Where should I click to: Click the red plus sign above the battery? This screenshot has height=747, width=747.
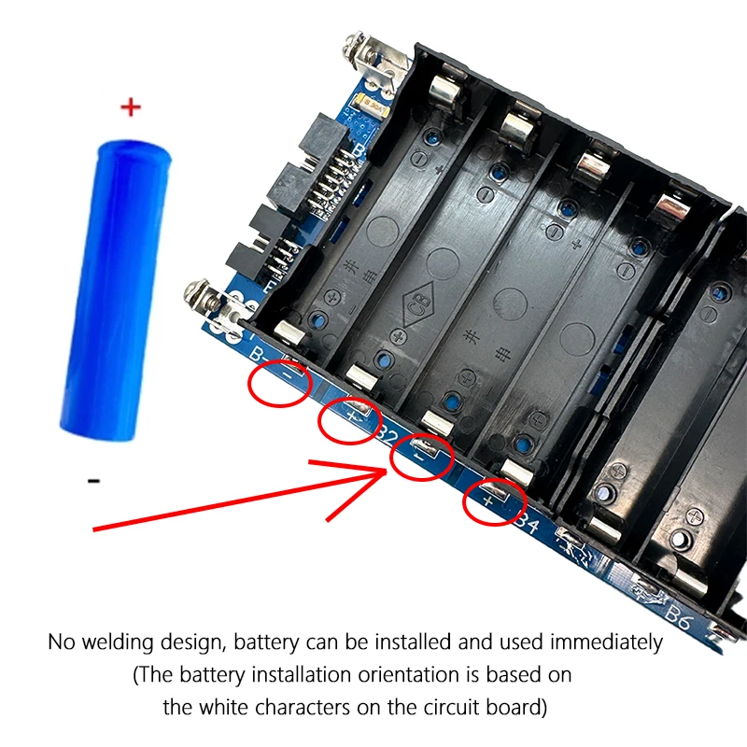click(x=131, y=108)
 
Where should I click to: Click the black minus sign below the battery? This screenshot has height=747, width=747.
click(x=93, y=481)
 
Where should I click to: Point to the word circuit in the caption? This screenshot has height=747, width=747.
click(x=421, y=706)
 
